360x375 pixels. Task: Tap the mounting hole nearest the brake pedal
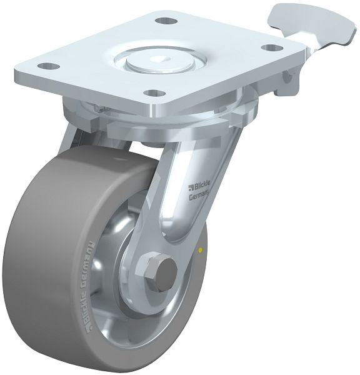270,47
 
